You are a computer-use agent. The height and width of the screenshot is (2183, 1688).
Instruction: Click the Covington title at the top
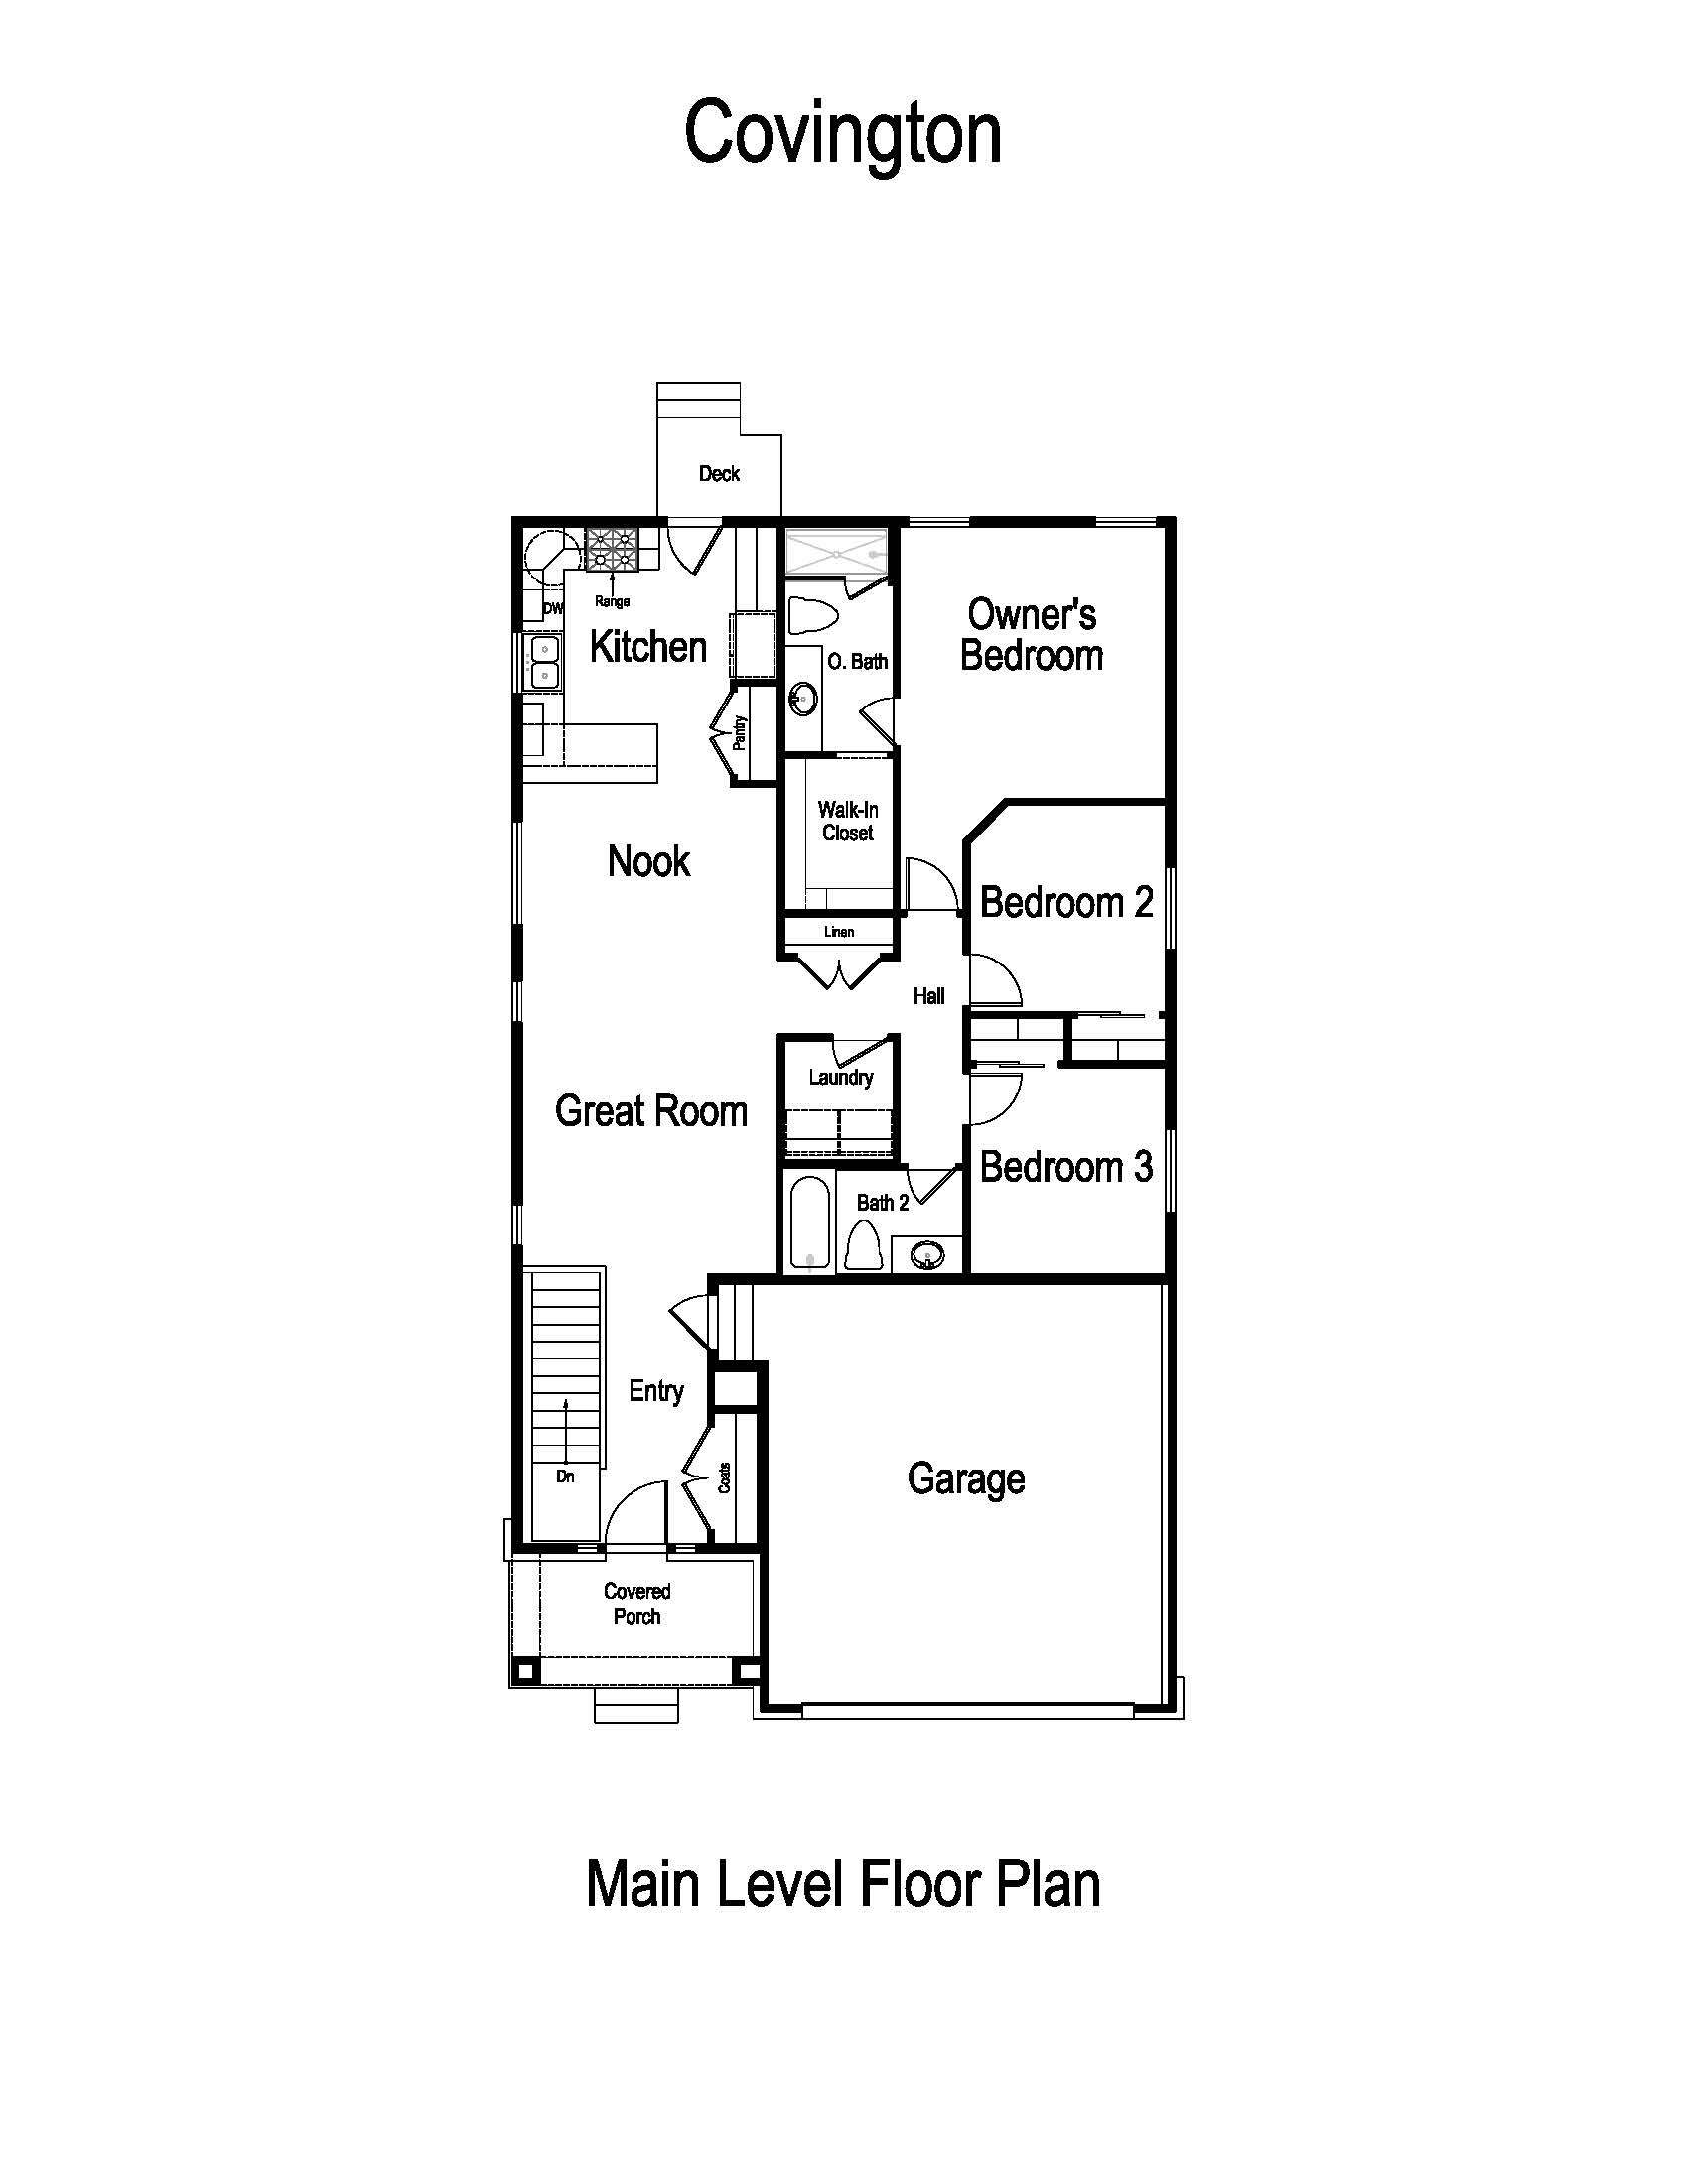click(842, 134)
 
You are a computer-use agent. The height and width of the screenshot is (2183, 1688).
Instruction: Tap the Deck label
click(718, 473)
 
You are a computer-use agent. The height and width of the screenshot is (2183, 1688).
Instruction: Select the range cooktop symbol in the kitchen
click(611, 549)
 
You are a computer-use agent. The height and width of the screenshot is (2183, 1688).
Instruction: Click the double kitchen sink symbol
click(543, 662)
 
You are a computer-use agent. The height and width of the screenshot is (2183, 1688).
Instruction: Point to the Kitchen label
click(648, 647)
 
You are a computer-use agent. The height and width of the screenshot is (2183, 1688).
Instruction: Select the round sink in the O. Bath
click(801, 699)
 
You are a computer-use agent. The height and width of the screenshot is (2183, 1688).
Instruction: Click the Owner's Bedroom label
click(1031, 635)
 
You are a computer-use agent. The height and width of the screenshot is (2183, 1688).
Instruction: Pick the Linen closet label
click(838, 932)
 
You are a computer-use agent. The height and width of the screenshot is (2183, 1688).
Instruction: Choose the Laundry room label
click(840, 1077)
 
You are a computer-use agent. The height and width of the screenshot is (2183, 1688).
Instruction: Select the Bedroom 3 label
click(1065, 1167)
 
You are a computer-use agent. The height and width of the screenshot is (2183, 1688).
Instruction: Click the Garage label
click(965, 1478)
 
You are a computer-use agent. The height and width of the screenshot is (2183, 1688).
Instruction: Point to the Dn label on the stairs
click(565, 1477)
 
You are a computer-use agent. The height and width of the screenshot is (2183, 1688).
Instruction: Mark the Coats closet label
click(724, 1478)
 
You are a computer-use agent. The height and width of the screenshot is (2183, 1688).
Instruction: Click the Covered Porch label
click(636, 1604)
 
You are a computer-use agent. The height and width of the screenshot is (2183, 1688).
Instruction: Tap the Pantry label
click(740, 731)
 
